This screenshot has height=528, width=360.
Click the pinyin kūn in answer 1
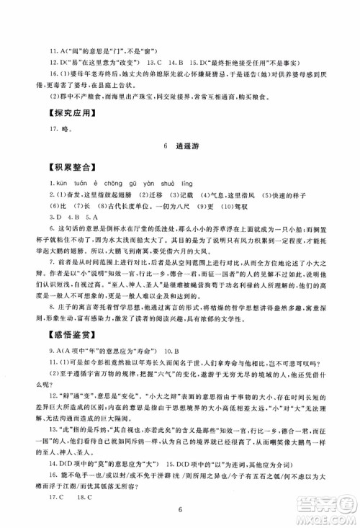(59, 183)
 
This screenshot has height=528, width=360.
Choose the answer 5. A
(90, 215)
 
